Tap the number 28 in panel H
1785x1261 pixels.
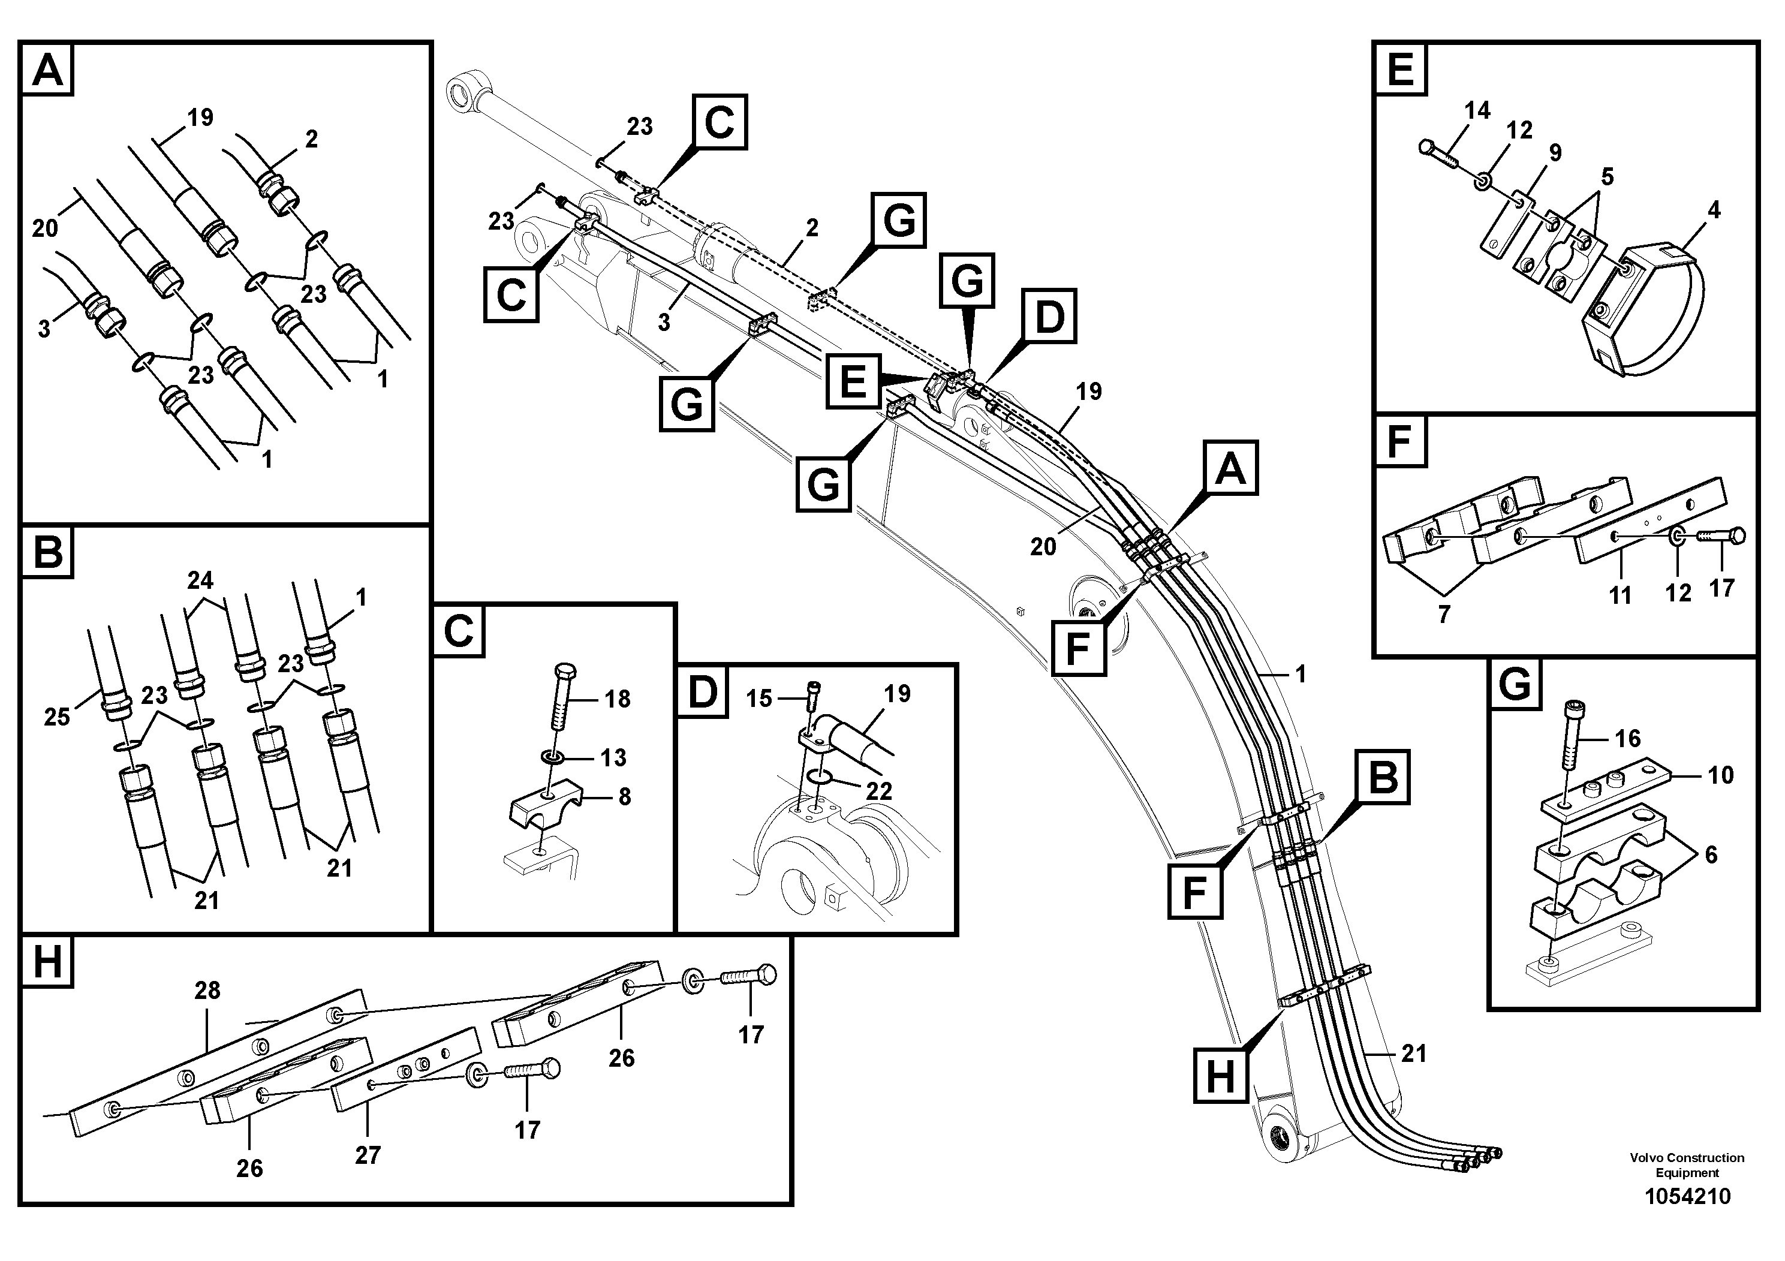tap(207, 991)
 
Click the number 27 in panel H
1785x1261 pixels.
tap(367, 1155)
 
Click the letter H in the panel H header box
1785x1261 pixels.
tap(47, 962)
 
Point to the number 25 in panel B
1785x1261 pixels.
tap(57, 716)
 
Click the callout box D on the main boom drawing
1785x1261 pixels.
tap(1049, 317)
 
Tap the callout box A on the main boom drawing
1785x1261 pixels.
tap(1230, 468)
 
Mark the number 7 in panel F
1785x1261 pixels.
tap(1444, 614)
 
